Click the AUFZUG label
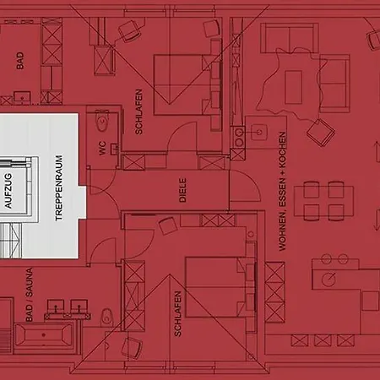click(x=8, y=191)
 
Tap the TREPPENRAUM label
click(x=59, y=187)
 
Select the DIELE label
click(x=182, y=190)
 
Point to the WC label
click(x=102, y=148)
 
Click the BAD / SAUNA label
click(x=29, y=295)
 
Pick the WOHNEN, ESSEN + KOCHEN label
click(x=282, y=191)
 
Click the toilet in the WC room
click(x=102, y=121)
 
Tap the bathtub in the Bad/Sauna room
click(x=43, y=334)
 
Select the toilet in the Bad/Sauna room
click(x=106, y=316)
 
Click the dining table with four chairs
click(x=323, y=201)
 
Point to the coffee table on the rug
click(x=293, y=87)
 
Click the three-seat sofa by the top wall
click(x=290, y=38)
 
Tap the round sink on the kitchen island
click(x=328, y=279)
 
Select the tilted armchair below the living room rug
click(x=321, y=132)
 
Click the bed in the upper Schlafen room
click(x=187, y=84)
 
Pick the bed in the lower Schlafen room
click(x=220, y=287)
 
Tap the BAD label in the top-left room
click(x=20, y=60)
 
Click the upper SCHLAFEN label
click(x=138, y=111)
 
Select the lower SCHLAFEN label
click(x=177, y=313)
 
